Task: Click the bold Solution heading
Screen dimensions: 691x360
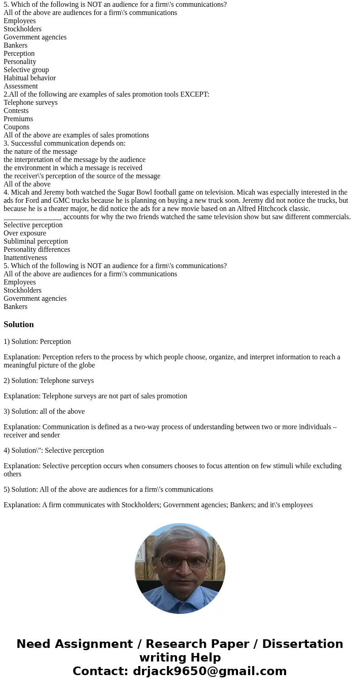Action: [19, 324]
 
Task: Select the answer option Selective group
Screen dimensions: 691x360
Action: [26, 70]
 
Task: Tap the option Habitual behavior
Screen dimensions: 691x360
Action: [29, 78]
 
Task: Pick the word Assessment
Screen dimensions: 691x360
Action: [20, 86]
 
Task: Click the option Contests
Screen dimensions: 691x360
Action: [16, 111]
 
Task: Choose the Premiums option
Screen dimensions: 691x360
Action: [18, 119]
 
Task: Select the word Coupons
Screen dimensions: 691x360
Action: [16, 127]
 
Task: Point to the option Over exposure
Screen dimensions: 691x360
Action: [24, 233]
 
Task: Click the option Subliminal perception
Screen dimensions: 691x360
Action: [35, 241]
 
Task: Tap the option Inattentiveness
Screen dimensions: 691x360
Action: [25, 258]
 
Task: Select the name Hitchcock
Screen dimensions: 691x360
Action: [273, 209]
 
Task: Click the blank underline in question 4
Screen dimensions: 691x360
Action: [32, 217]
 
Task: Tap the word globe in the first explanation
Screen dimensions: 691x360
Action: [86, 365]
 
